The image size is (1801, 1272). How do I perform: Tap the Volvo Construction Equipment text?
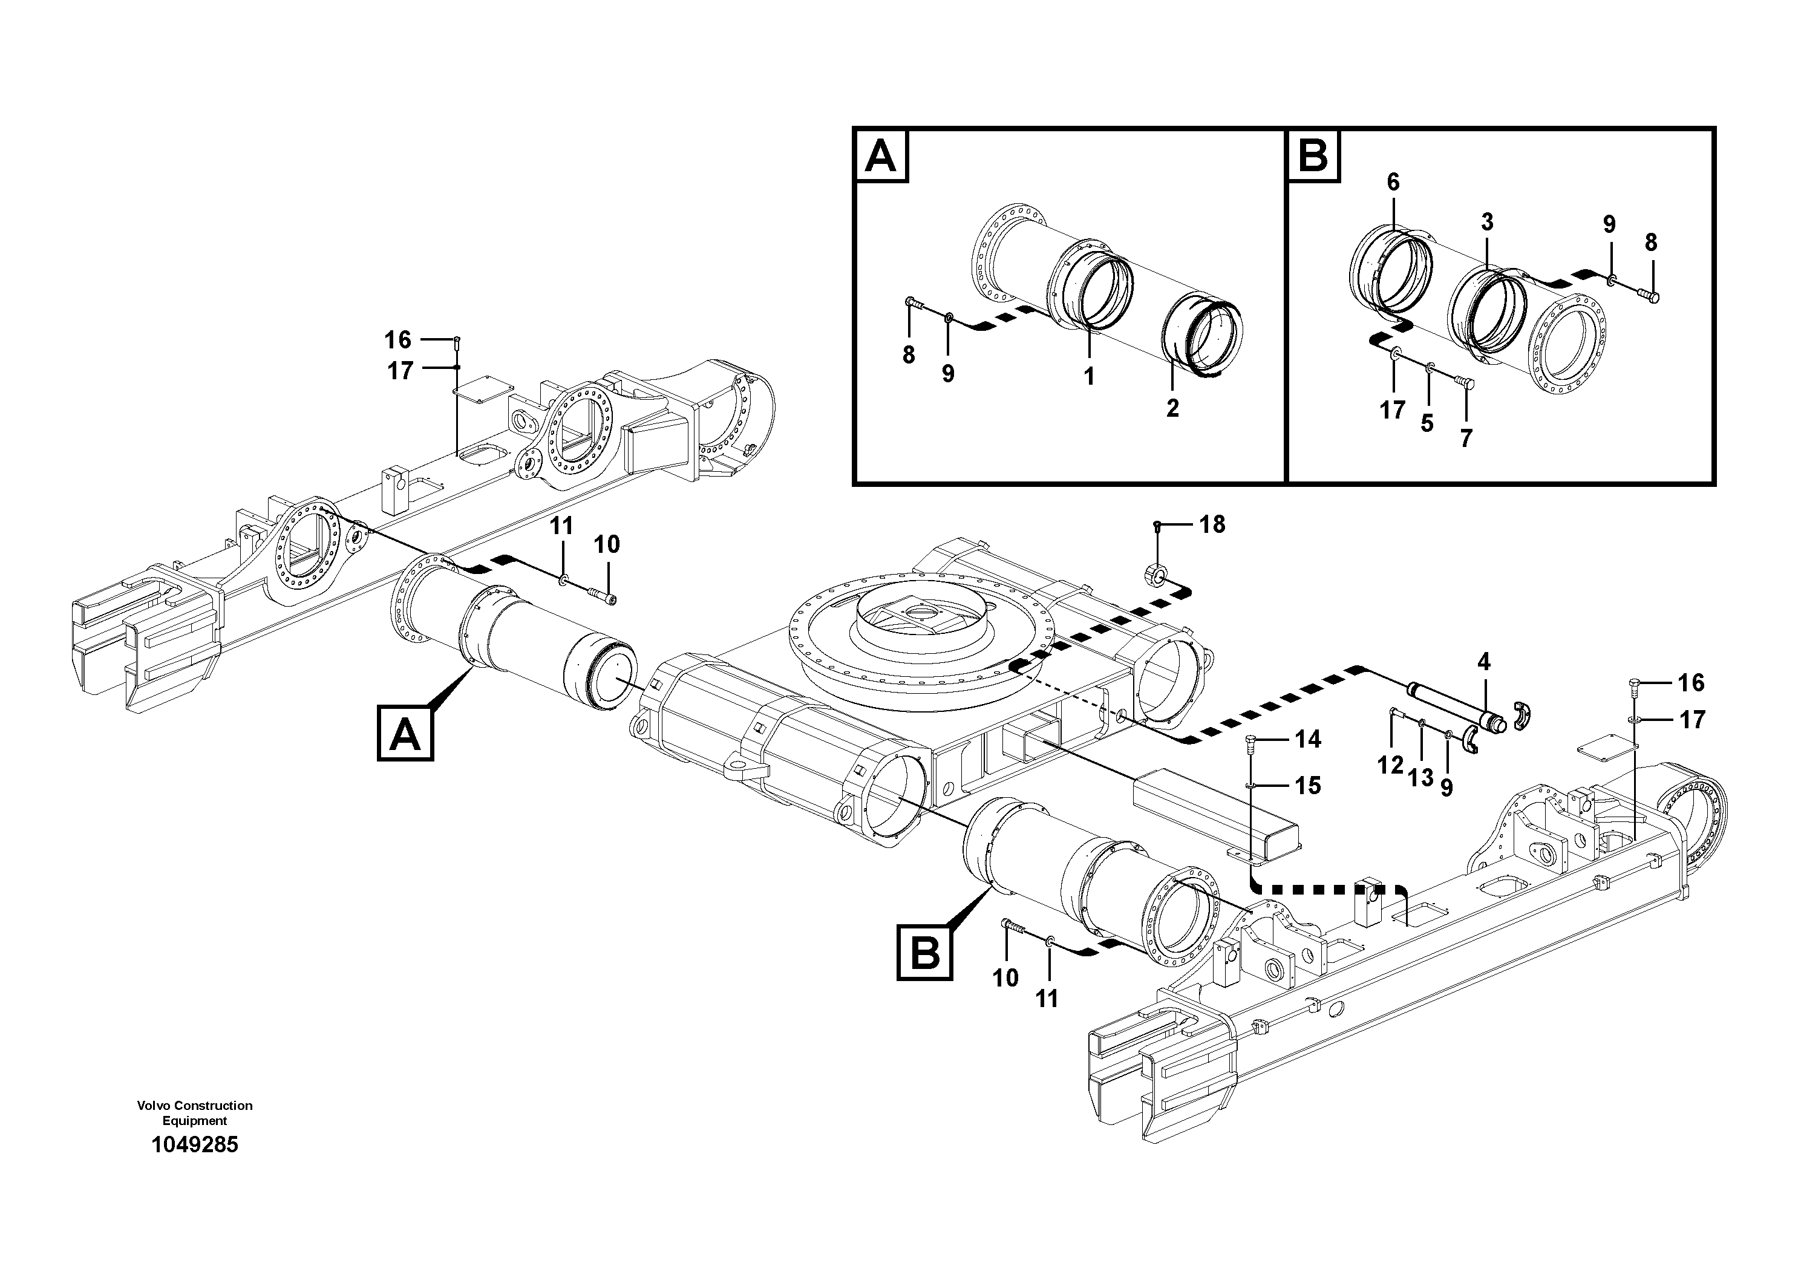point(195,1113)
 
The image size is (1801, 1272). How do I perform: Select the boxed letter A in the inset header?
point(880,156)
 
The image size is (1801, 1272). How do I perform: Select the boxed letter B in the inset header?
point(1313,156)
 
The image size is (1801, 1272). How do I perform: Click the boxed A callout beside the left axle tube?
point(405,732)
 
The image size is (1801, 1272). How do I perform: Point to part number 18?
point(1212,524)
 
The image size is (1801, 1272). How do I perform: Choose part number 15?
point(1307,785)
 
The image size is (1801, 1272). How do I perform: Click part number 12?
point(1390,765)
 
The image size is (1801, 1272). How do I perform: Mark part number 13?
point(1420,778)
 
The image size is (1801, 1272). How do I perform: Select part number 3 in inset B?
point(1487,222)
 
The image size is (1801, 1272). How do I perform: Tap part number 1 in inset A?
point(1089,376)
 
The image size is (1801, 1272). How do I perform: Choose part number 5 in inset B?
point(1427,423)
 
